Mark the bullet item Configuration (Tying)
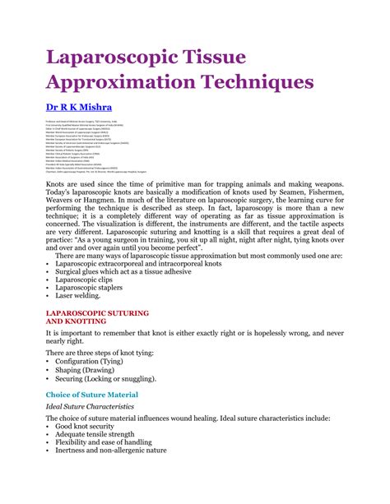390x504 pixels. [98, 362]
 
